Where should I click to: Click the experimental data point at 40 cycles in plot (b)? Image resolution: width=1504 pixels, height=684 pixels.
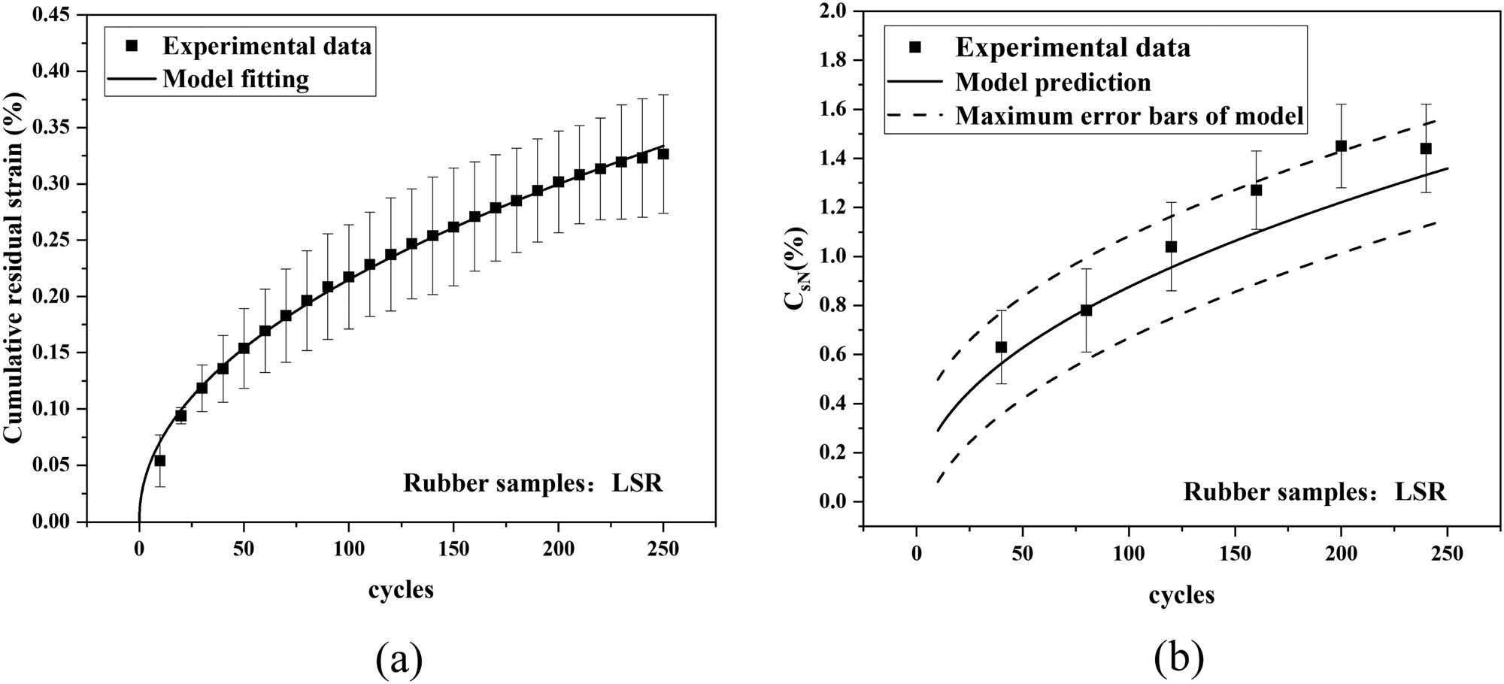tap(1001, 347)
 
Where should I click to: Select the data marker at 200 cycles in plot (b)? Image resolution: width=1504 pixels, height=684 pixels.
tap(1341, 146)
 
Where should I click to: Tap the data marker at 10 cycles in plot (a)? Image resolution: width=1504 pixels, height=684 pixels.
tap(159, 461)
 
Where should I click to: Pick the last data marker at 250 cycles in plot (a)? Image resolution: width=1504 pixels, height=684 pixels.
tap(663, 154)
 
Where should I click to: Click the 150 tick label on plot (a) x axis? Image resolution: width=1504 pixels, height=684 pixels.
tap(453, 549)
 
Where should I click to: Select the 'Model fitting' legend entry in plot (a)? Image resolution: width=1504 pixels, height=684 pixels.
tap(235, 79)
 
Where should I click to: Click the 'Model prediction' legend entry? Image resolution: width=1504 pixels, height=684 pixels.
tap(1053, 82)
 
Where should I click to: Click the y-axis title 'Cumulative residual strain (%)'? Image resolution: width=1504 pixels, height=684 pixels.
tap(15, 267)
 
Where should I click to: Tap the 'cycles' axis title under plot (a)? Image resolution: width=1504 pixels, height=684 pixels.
tap(401, 590)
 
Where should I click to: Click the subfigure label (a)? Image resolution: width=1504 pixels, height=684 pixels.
tap(399, 659)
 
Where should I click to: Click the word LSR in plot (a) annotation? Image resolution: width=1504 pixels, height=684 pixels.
tap(637, 483)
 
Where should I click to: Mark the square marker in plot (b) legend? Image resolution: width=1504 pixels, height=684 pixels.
tap(914, 47)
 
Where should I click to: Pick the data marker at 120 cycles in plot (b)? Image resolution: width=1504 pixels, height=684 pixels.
tap(1171, 247)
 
